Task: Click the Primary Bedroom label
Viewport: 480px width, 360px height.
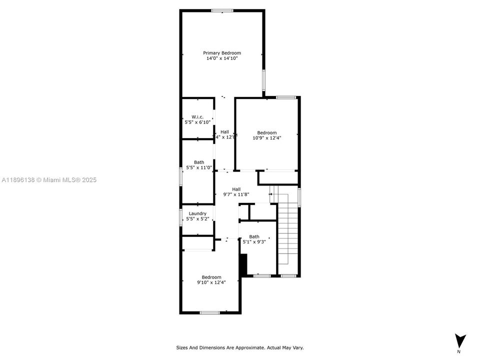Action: pos(221,53)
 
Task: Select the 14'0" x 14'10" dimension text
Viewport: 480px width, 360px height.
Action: pos(221,58)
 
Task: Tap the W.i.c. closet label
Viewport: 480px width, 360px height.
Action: pos(197,116)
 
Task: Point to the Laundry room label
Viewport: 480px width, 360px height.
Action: pos(197,213)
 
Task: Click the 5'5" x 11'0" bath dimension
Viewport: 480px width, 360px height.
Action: pos(199,167)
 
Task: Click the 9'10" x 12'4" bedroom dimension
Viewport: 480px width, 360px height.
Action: pos(211,282)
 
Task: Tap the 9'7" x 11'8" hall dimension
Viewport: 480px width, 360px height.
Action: pos(236,194)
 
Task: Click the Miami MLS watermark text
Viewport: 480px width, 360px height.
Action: pos(49,180)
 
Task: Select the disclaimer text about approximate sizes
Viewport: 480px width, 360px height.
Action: pos(239,347)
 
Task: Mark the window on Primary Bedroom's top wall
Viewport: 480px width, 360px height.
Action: pos(221,10)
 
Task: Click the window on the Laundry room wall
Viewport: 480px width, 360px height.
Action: pos(180,217)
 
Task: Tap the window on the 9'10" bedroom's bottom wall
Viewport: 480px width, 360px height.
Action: pos(209,313)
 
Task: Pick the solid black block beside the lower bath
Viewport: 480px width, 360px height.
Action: pos(243,265)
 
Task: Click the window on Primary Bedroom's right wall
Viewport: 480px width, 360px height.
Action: pos(264,80)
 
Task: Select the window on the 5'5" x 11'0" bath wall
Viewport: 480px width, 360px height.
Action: pos(180,176)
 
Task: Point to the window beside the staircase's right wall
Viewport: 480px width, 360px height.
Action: pos(299,196)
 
